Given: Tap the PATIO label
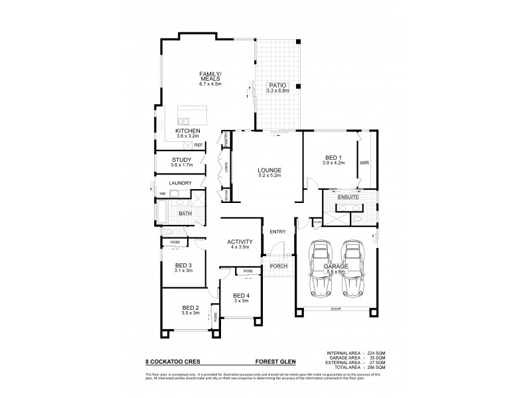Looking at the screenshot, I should tap(277, 86).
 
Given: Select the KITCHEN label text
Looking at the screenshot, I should tap(187, 131).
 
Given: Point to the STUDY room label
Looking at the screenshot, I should tap(181, 159).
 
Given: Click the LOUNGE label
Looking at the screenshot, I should tap(270, 170).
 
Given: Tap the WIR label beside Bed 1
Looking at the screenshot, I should tap(364, 161).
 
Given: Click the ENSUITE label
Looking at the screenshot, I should tap(348, 197).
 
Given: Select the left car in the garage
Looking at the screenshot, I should tap(321, 269).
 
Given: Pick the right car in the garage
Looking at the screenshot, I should tap(354, 269).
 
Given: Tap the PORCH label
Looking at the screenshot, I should tap(277, 266).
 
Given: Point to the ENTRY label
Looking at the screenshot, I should tap(277, 231).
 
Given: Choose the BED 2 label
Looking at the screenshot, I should tap(190, 308).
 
